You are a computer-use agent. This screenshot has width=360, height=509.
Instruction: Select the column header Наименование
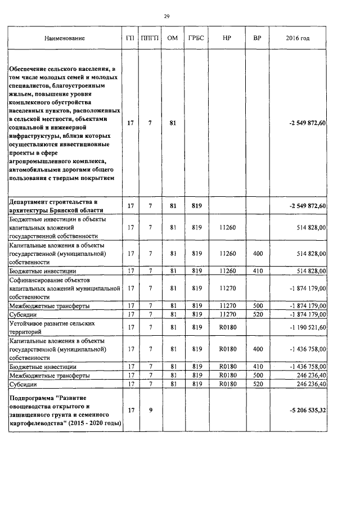(65, 39)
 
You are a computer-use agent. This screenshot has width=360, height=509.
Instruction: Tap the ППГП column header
(150, 39)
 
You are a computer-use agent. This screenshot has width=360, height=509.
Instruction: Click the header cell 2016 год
(298, 39)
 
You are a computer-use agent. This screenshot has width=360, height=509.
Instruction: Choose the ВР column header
(258, 39)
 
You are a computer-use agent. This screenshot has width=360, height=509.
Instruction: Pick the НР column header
(226, 39)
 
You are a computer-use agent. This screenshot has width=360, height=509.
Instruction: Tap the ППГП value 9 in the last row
(150, 410)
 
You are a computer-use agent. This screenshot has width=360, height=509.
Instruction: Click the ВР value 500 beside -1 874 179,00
(258, 305)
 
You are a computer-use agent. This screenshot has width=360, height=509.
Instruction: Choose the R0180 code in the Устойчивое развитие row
(226, 327)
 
